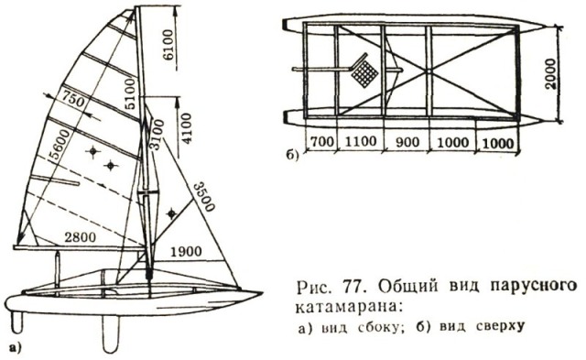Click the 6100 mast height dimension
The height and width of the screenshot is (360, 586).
click(168, 45)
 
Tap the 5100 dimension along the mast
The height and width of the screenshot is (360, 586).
click(130, 93)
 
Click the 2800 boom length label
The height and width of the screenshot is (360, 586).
click(80, 237)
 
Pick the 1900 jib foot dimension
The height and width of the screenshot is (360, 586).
click(186, 252)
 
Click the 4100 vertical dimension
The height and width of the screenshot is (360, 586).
click(186, 128)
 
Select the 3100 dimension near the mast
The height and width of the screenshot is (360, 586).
click(158, 135)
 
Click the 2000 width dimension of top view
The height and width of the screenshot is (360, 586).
click(549, 73)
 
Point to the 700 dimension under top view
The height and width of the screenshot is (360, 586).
click(321, 142)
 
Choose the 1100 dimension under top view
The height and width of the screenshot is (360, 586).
click(360, 142)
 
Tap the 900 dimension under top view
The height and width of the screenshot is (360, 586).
click(407, 142)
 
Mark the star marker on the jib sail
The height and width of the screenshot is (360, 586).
click(171, 213)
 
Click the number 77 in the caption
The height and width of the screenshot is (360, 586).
click(351, 288)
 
